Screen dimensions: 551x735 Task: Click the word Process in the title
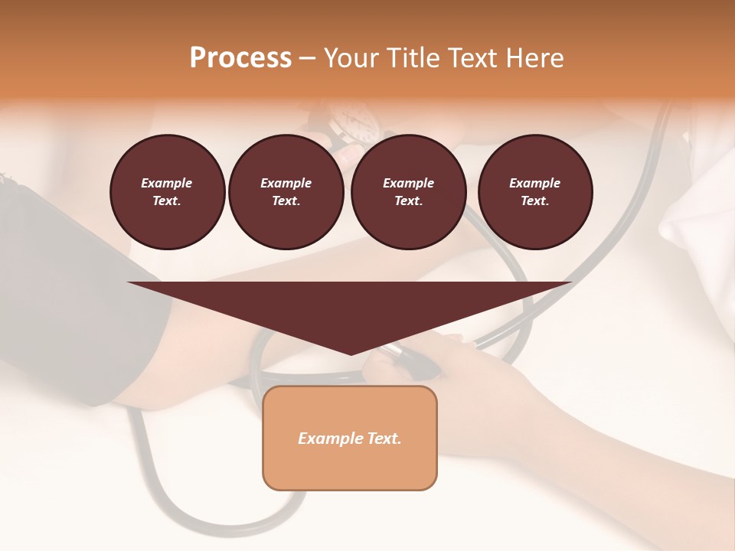point(240,58)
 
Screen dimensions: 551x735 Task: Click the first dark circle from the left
point(167,192)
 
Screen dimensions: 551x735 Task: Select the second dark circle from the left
point(286,192)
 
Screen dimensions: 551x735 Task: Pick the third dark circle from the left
point(408,192)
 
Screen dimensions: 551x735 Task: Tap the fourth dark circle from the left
point(534,192)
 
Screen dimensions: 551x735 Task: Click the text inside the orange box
point(350,439)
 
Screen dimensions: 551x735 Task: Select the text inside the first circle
point(167,192)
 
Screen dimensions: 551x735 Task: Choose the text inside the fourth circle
point(534,192)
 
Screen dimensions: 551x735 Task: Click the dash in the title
point(307,58)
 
